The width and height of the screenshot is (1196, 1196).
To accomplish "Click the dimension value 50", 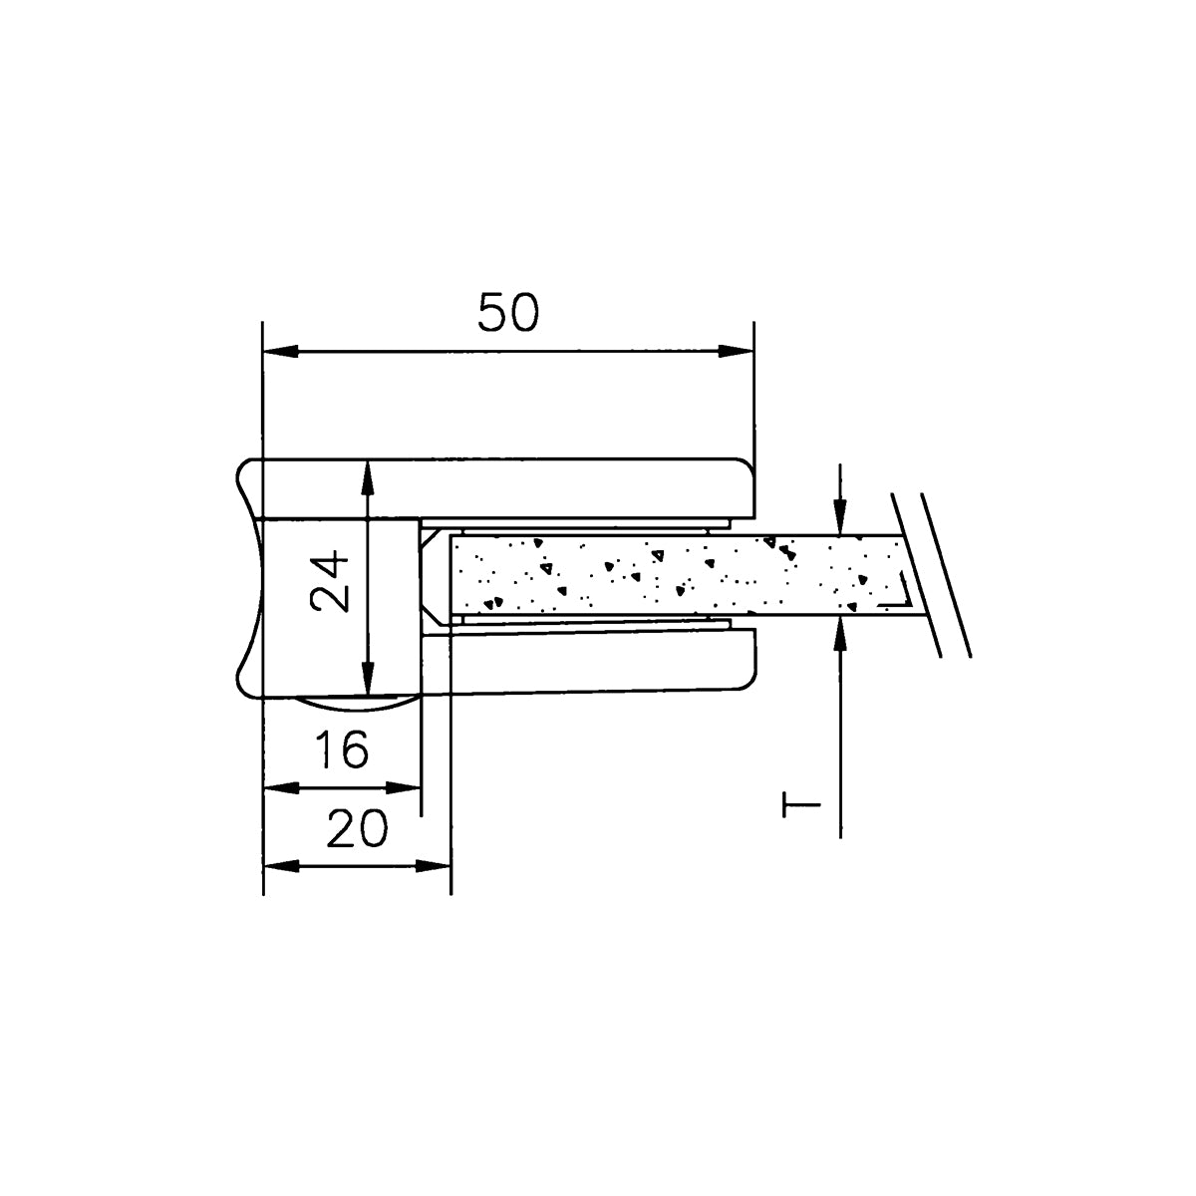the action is (x=507, y=312).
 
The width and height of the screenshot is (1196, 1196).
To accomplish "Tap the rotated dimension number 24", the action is (x=330, y=581).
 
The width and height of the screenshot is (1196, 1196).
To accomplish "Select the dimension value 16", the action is (x=342, y=749).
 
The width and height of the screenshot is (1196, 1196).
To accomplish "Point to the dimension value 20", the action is (x=357, y=828).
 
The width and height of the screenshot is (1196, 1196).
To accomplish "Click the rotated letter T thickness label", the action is (x=801, y=804).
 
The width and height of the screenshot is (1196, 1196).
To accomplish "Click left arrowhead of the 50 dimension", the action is (x=280, y=351).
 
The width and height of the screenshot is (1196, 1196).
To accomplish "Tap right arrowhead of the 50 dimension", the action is (x=737, y=351).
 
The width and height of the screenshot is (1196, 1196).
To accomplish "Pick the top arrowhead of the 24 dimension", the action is (x=368, y=478).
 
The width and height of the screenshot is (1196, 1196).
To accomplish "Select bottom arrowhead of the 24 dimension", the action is (x=368, y=679).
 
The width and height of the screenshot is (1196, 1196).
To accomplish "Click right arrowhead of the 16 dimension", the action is (x=404, y=788).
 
